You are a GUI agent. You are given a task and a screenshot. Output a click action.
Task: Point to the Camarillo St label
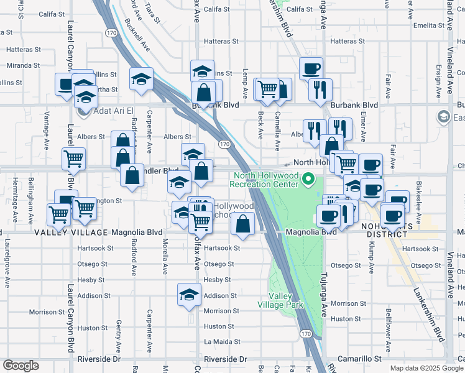(x=359, y=359)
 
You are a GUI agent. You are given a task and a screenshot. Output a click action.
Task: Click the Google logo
(x=21, y=366)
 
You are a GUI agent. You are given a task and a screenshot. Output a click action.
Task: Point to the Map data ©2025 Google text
(x=426, y=368)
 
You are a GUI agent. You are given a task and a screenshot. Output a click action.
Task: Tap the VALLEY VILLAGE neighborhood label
(x=71, y=233)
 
